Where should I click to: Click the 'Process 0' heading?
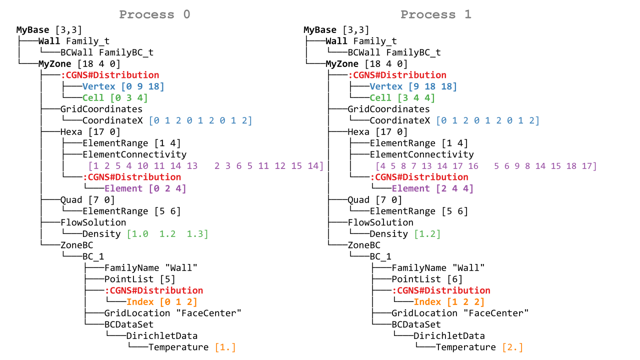coord(154,14)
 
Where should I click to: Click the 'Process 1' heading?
coord(435,14)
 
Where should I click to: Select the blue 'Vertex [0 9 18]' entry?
coord(123,86)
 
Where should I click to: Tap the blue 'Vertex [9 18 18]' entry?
coord(413,86)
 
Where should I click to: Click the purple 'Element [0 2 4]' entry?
coord(145,188)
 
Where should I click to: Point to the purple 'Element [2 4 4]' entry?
coord(432,188)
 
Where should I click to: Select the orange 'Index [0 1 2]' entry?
coord(161,302)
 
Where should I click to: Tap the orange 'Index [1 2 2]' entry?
coord(448,302)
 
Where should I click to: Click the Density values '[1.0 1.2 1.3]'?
coord(167,234)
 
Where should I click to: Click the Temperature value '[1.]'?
coord(225,347)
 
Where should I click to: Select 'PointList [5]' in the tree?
coord(139,279)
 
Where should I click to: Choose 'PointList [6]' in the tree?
coord(426,279)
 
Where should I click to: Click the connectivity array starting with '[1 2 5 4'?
coord(205,166)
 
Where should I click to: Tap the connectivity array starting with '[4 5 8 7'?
coord(486,166)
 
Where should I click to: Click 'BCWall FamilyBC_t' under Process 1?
coord(394,52)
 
